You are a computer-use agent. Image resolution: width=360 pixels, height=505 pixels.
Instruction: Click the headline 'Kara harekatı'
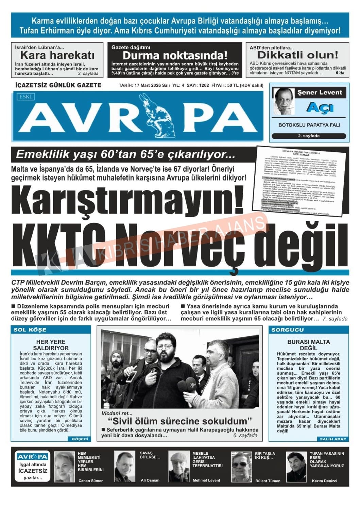coord(57,55)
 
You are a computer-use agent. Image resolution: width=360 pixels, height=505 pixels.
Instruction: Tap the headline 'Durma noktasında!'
coord(175,55)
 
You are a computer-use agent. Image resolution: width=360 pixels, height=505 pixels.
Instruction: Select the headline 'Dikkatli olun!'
coord(297,55)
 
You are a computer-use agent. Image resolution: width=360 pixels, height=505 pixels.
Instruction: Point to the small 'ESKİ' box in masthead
coord(26,97)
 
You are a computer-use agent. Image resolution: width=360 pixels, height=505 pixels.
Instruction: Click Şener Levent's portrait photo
coord(284,101)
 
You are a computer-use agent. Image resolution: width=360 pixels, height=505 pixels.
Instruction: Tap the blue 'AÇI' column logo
coord(320,107)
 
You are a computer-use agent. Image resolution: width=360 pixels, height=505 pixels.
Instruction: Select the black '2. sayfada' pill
coord(309,136)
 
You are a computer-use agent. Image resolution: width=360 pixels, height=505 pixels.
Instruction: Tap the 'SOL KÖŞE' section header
coord(30,330)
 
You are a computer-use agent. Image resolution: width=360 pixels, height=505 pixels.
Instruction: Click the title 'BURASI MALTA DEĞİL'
coord(308,345)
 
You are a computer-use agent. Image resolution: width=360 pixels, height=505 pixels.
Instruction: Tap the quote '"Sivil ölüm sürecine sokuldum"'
coord(180,421)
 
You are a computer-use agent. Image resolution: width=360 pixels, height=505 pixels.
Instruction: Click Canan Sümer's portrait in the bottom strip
coord(64,467)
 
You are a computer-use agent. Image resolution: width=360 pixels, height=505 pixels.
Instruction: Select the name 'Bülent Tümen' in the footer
coord(268,481)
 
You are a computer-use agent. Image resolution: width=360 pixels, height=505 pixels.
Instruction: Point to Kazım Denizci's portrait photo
coord(296,467)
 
